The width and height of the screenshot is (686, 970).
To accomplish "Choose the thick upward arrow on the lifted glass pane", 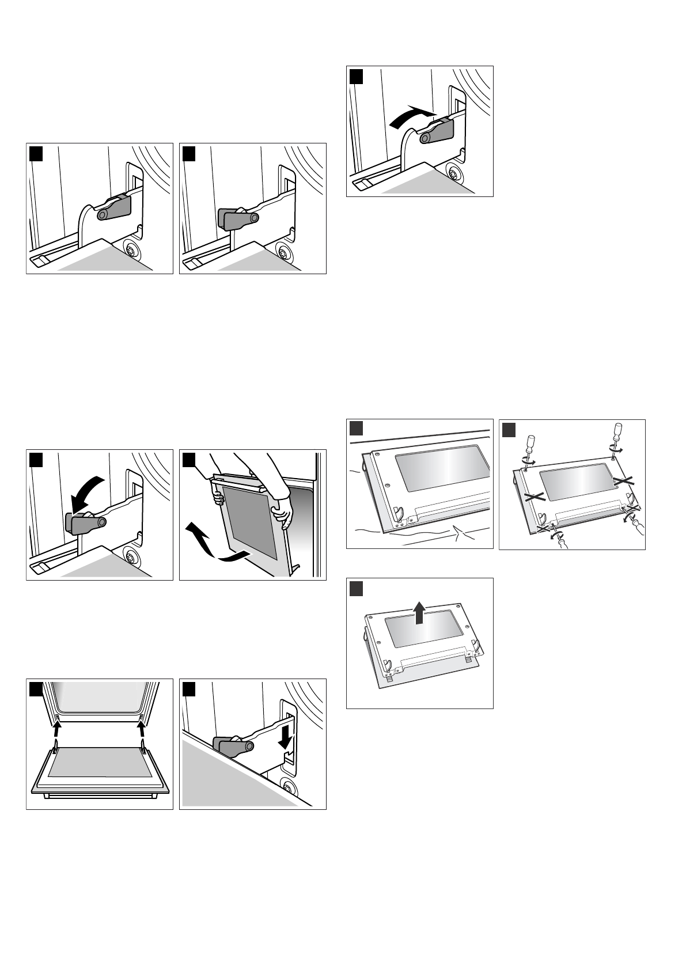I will (420, 612).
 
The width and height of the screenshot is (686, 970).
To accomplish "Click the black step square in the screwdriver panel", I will (509, 429).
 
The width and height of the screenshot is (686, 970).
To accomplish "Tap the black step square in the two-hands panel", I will (189, 459).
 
